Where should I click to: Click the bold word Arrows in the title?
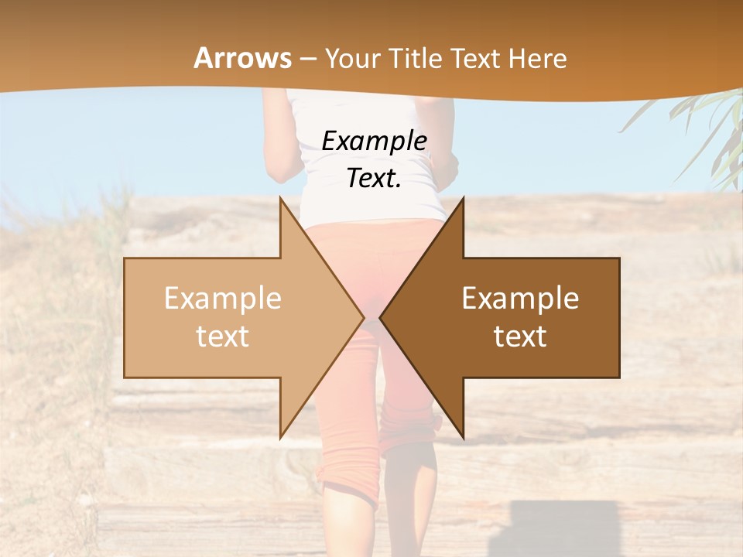click(x=243, y=58)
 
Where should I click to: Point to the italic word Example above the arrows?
click(x=374, y=141)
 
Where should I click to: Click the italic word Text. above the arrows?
click(x=374, y=178)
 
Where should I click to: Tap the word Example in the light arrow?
click(x=223, y=299)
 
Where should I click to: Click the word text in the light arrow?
click(x=223, y=337)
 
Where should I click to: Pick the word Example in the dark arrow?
click(x=520, y=299)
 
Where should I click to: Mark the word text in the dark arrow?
click(x=520, y=337)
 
